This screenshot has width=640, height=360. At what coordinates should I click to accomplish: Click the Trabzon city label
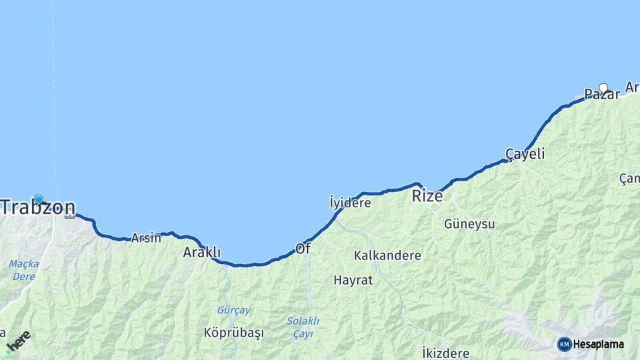pos(37,207)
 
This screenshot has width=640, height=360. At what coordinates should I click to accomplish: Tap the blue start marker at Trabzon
pos(39,199)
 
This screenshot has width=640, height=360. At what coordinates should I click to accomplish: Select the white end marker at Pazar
pos(603,87)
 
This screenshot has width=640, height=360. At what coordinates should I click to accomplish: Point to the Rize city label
pos(427,196)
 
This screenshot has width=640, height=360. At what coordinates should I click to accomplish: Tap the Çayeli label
pos(525,154)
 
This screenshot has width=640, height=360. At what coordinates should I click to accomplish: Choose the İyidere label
pos(350,202)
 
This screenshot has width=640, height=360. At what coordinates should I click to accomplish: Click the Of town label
pos(303,248)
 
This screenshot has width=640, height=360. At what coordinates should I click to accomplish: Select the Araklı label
pos(201,252)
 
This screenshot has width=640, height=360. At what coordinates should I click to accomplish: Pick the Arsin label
pos(146,237)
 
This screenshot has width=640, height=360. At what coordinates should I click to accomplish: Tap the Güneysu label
pos(469,224)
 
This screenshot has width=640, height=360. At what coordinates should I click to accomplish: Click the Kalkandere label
pos(387,255)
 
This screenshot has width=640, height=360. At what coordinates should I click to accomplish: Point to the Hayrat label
pos(353,281)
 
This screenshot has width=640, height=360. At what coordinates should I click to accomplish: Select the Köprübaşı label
pos(234,332)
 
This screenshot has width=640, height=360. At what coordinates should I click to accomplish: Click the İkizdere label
pos(445,353)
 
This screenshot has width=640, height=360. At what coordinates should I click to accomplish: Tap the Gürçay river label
pos(233,310)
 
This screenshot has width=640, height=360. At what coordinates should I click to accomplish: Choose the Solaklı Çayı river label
pos(303,327)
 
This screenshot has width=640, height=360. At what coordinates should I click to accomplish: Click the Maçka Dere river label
pos(23,269)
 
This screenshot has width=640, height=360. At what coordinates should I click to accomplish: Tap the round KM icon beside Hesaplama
pos(564,344)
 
